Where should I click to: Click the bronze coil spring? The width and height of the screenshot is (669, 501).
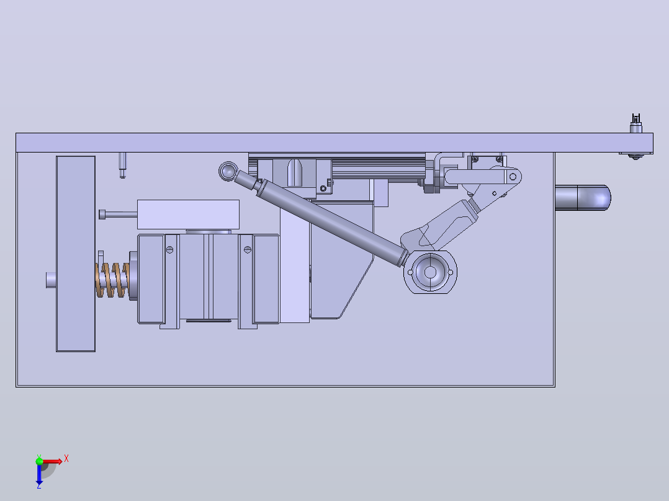(112, 280)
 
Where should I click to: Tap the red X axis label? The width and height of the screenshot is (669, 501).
(66, 459)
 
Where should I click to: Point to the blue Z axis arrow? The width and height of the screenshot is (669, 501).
(39, 475)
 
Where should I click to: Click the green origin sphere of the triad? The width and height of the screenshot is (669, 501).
(39, 461)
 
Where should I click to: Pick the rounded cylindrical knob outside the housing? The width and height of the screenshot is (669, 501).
(583, 198)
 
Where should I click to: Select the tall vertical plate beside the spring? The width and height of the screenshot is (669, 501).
(76, 254)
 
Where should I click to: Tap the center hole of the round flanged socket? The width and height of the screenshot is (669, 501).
(430, 272)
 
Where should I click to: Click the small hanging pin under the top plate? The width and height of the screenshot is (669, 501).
(122, 165)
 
